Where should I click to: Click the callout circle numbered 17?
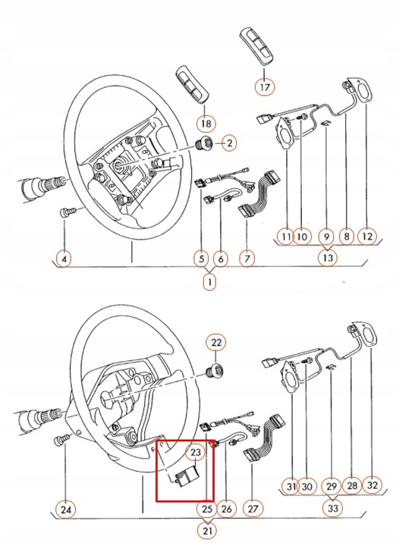[264, 86]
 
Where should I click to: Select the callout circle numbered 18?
[206, 122]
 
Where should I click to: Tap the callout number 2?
[228, 143]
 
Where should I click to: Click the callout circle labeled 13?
[328, 259]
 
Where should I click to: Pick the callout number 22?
[216, 344]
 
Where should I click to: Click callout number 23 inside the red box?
[195, 454]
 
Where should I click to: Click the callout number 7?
[247, 259]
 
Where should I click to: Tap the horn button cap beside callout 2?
[203, 144]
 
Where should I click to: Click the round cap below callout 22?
[216, 371]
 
